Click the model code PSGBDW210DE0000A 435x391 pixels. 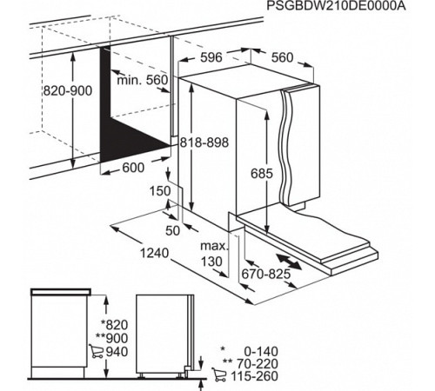(x=336, y=5)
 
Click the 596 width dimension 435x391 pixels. (x=211, y=57)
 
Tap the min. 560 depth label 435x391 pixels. (x=143, y=80)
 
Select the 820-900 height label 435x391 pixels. (x=68, y=91)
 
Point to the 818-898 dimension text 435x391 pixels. (x=204, y=142)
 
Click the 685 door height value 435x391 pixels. (x=262, y=174)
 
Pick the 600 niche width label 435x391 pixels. (x=133, y=168)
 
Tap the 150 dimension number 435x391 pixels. (x=160, y=191)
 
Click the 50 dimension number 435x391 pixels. (x=173, y=231)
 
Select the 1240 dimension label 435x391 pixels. (x=154, y=253)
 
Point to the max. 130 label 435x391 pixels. (x=215, y=254)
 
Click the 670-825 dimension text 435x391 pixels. (x=266, y=274)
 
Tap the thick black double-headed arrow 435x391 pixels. (x=289, y=262)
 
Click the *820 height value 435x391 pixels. (x=114, y=325)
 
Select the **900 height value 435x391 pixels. (x=111, y=338)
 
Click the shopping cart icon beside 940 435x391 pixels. (x=97, y=351)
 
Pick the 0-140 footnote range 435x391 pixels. (x=261, y=351)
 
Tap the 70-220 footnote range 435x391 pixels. (x=258, y=363)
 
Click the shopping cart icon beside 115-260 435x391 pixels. (x=219, y=374)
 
